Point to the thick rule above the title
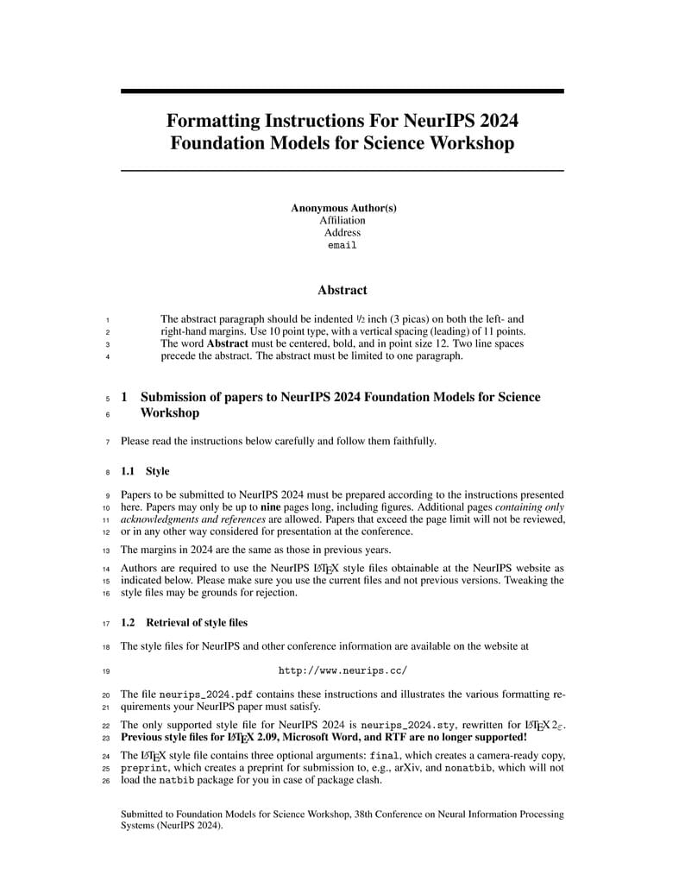(342, 91)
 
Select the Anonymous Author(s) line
(342, 208)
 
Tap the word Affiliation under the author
(342, 220)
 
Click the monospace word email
(342, 245)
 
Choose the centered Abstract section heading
(342, 290)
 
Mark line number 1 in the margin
(107, 319)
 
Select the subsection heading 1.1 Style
(145, 471)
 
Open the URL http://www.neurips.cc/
(342, 670)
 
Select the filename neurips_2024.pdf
(206, 694)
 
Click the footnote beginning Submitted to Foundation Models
(342, 819)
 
